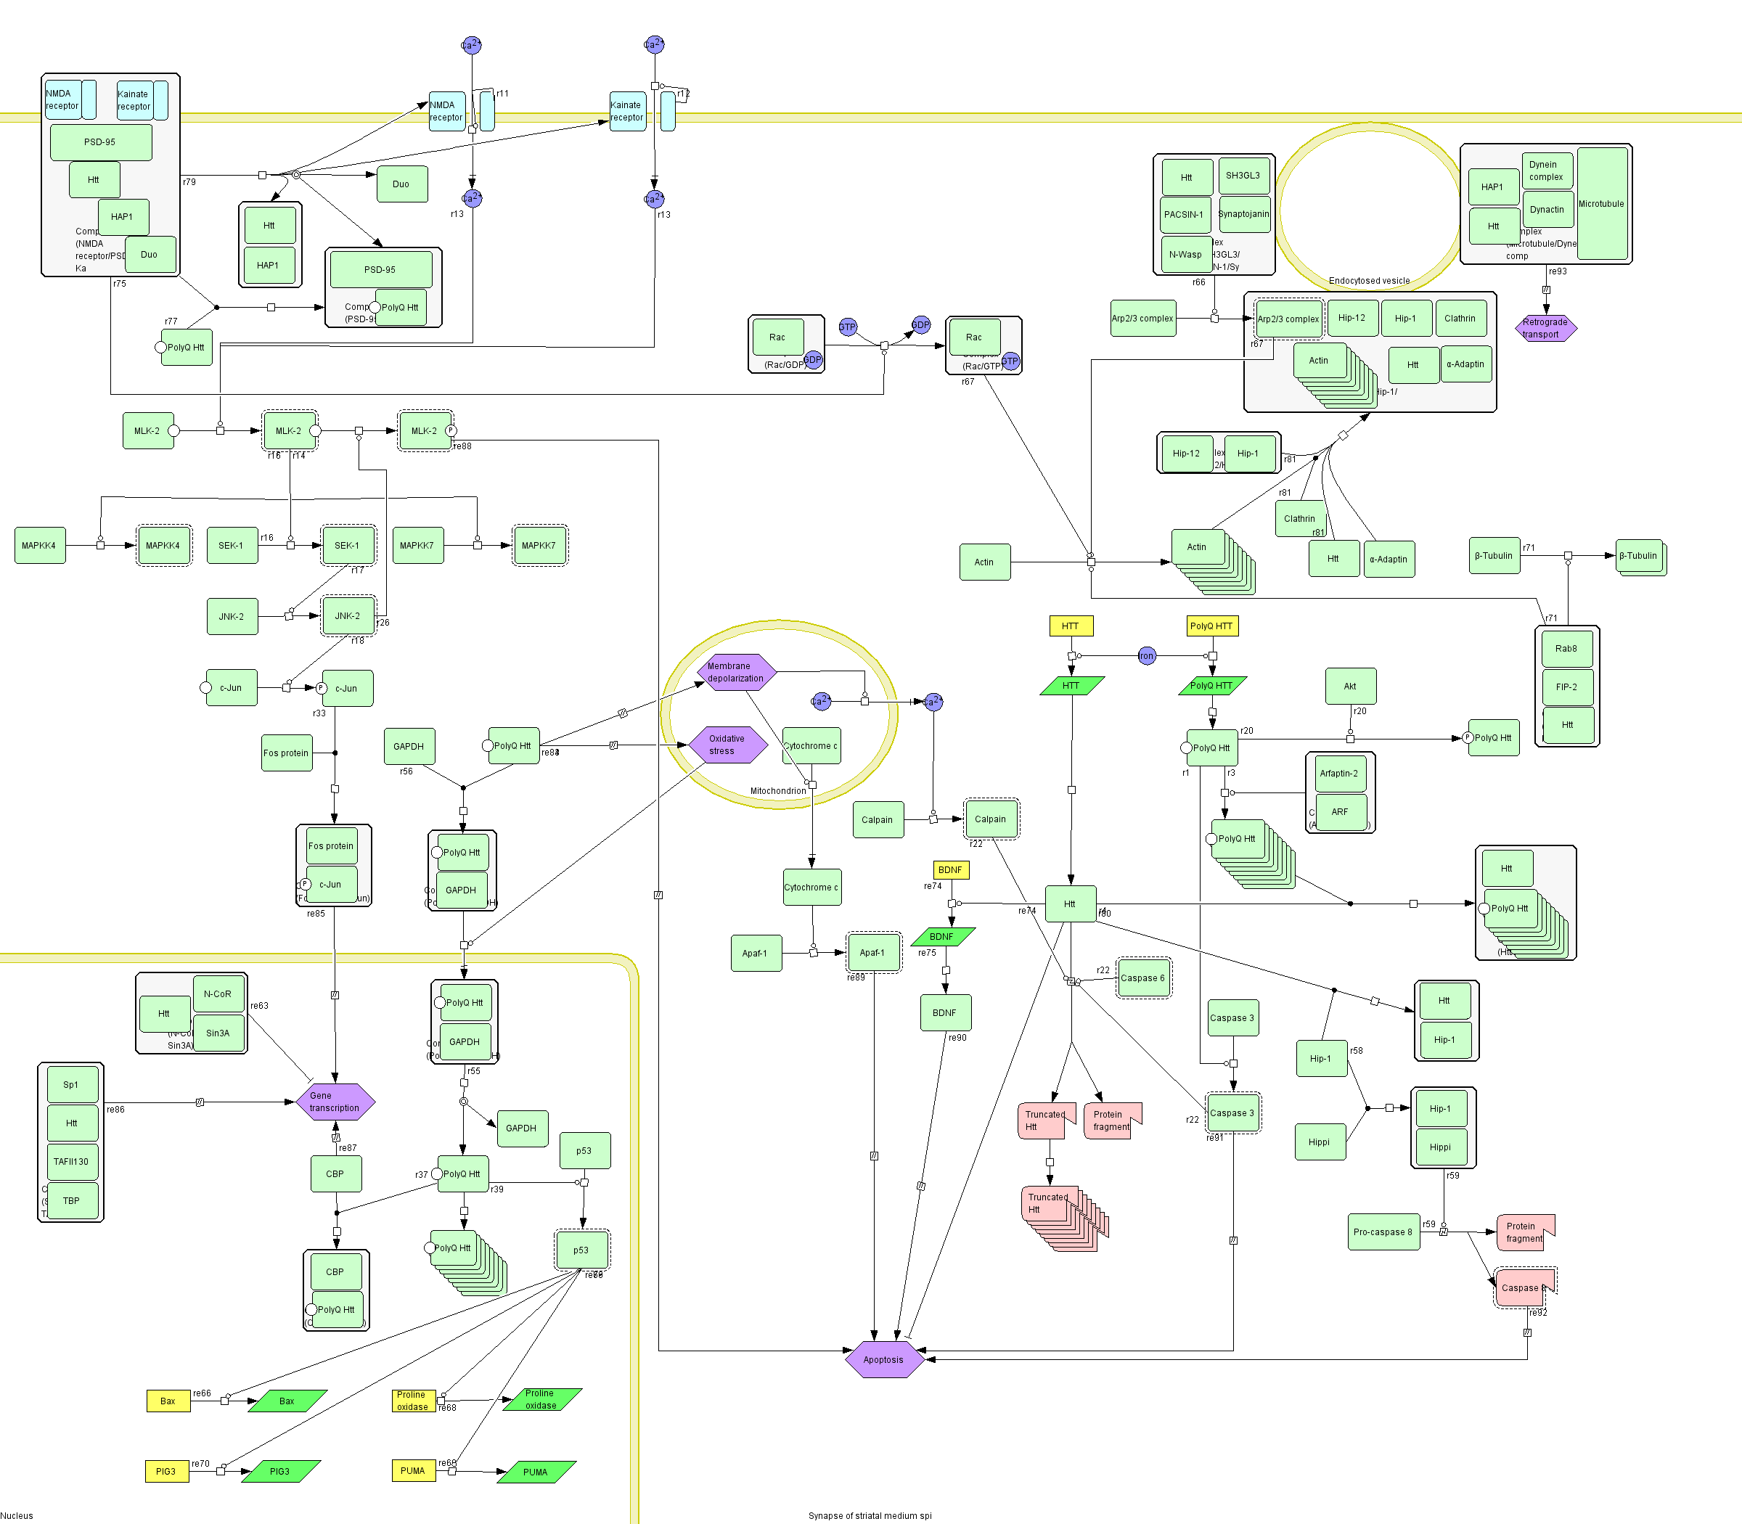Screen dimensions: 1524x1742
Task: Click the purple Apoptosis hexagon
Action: click(x=884, y=1359)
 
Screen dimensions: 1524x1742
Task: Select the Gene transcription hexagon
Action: click(x=335, y=1102)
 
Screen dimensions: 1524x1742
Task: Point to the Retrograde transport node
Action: click(x=1545, y=327)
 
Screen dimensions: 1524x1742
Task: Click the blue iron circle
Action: click(x=1147, y=656)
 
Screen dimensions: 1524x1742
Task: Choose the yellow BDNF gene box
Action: click(x=950, y=870)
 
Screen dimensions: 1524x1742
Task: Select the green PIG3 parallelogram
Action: click(x=281, y=1471)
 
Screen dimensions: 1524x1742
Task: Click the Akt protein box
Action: click(x=1350, y=687)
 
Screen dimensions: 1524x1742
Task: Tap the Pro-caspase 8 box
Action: click(x=1383, y=1232)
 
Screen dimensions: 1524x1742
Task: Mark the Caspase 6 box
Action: click(x=1143, y=978)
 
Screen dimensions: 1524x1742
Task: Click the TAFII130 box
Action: click(x=71, y=1162)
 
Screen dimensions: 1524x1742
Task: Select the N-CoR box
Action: click(x=218, y=994)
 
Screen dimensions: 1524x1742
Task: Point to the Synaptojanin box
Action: click(x=1243, y=214)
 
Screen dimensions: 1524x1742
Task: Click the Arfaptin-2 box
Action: click(x=1339, y=774)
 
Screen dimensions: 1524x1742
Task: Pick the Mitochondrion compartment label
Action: click(x=777, y=791)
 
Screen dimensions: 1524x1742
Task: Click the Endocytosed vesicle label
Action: click(x=1369, y=281)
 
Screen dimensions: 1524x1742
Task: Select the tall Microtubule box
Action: click(x=1602, y=204)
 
